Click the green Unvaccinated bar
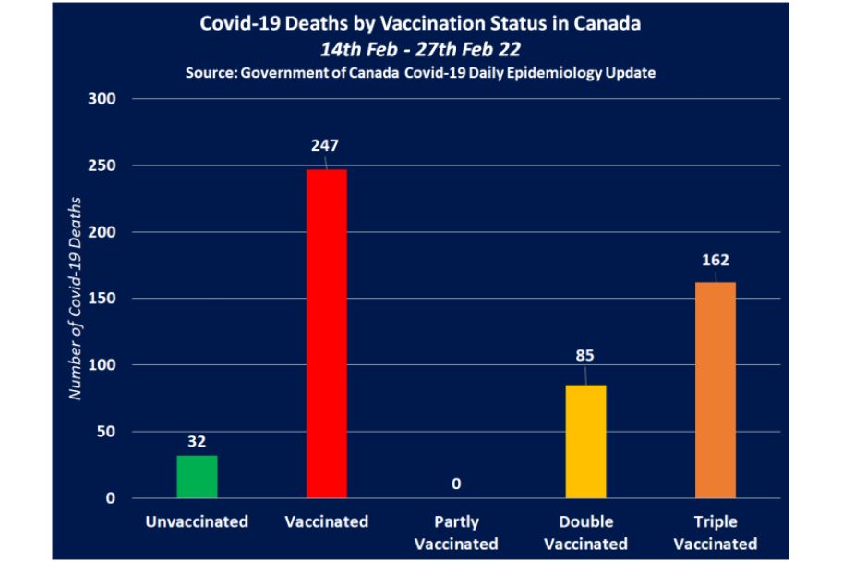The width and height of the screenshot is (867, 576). pos(197,476)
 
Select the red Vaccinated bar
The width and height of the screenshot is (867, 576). pos(326,333)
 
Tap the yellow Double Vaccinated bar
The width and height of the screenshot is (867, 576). pos(585,441)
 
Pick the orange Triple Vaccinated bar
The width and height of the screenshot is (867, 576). pos(716,389)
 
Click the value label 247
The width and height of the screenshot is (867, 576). pos(326,145)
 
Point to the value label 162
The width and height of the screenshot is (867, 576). pos(716,260)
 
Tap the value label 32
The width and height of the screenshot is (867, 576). pos(197,441)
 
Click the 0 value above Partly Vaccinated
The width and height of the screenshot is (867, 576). pos(456,484)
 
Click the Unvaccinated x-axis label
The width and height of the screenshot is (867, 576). pos(197,522)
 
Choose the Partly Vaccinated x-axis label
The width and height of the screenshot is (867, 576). pos(456,533)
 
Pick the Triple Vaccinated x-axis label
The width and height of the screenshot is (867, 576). pos(716,533)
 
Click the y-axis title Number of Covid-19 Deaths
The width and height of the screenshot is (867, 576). pos(77,298)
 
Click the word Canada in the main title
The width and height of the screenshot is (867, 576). pos(608,24)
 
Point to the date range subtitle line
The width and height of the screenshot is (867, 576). pos(420,49)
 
